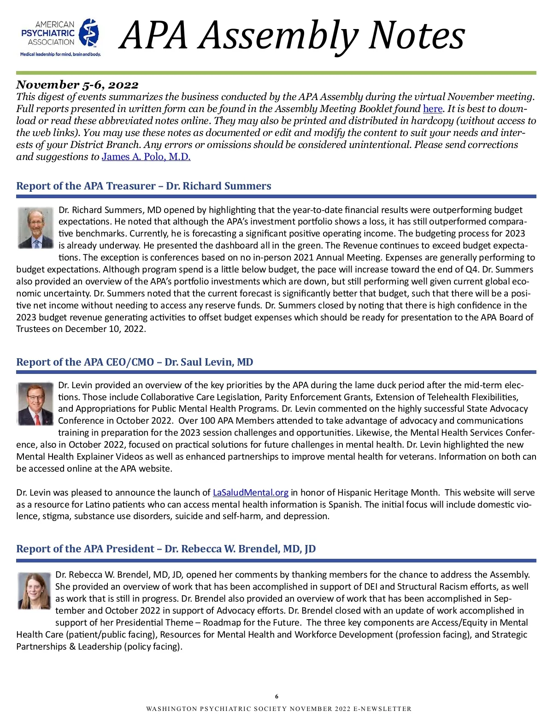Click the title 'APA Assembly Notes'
(x=292, y=36)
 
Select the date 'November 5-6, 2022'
(x=77, y=85)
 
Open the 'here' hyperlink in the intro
(x=432, y=109)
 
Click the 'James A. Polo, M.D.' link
(x=146, y=157)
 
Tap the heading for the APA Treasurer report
(x=144, y=186)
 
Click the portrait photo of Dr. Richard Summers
(x=35, y=228)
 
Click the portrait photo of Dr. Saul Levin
(x=35, y=404)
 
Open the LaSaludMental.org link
(x=250, y=492)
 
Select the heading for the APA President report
(x=166, y=549)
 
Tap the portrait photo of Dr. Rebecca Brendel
(x=34, y=591)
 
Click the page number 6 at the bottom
(x=276, y=697)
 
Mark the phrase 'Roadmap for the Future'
(x=252, y=622)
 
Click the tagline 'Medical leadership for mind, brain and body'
(x=60, y=54)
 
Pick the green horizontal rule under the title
(x=276, y=73)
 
